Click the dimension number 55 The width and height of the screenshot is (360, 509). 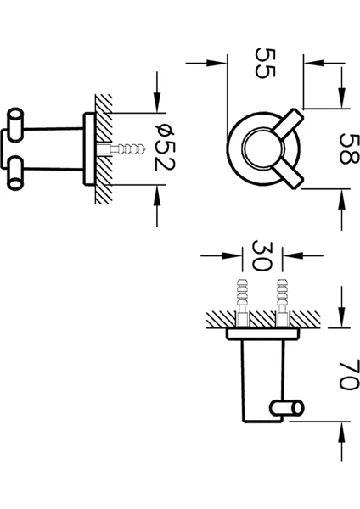pos(266,63)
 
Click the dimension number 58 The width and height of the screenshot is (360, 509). pos(349,149)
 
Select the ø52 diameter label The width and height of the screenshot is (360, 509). pos(165,147)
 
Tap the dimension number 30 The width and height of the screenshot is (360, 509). pos(262,256)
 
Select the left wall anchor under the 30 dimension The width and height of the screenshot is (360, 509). pos(242,302)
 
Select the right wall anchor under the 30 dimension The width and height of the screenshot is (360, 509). pos(282,302)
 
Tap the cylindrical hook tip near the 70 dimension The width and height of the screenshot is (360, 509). pos(287,408)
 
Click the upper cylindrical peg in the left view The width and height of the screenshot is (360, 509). pos(15,125)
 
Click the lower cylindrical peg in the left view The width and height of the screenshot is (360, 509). pos(15,173)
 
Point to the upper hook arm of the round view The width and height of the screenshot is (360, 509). pos(289,123)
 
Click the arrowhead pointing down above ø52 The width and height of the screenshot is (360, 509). pos(157,102)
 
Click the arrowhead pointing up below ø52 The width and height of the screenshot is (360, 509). pos(157,195)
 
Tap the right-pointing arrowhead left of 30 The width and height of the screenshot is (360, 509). pos(233,256)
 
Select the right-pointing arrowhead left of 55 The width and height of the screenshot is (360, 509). pos(217,63)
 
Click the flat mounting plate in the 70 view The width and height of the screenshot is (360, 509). pos(263,334)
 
